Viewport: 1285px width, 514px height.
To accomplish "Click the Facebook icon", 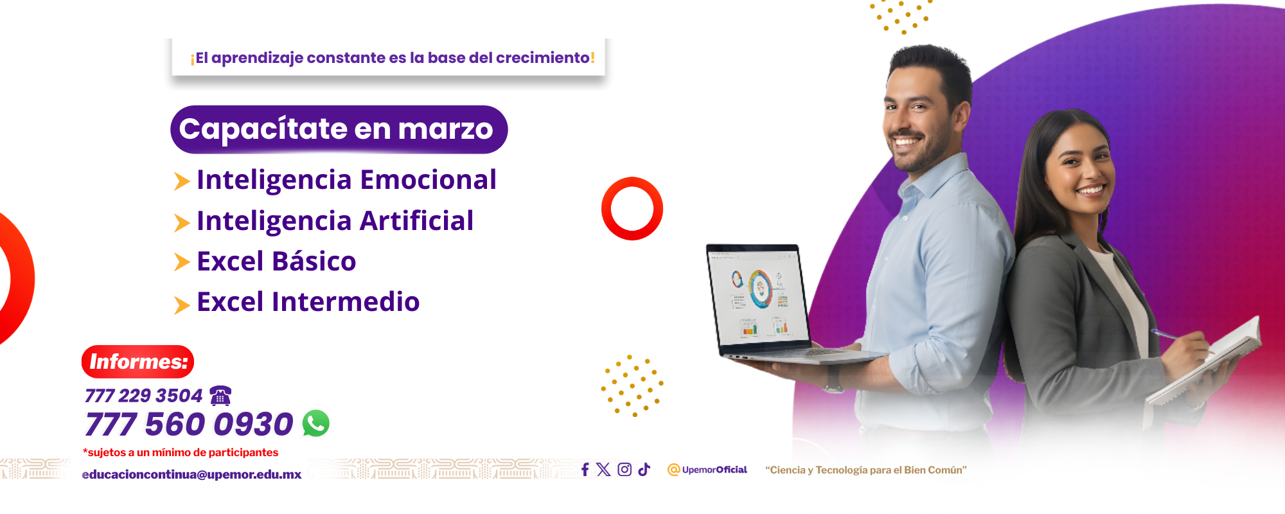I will coord(585,470).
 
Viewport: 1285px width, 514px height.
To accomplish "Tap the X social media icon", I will coord(603,470).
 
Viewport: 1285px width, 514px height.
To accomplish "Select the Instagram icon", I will coord(625,470).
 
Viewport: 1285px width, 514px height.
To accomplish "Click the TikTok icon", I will coord(644,470).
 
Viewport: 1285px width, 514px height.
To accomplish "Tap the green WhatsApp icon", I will coord(316,423).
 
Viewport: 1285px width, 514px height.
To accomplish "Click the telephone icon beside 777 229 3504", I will coord(220,395).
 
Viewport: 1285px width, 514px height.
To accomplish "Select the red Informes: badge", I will coord(137,362).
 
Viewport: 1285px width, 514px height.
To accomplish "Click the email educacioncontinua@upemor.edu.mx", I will coord(191,475).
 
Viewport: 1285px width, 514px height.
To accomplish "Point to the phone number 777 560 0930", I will coord(189,424).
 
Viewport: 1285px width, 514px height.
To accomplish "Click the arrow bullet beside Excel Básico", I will coord(182,262).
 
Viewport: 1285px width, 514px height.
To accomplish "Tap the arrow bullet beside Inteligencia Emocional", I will coord(182,181).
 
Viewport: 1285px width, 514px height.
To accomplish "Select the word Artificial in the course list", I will coord(416,221).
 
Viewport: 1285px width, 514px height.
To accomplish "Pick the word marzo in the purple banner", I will coord(445,129).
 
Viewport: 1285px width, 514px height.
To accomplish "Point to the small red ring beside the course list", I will coord(632,209).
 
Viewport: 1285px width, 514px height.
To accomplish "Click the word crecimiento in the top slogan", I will coord(542,58).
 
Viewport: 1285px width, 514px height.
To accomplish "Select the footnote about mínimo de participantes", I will coord(181,452).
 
